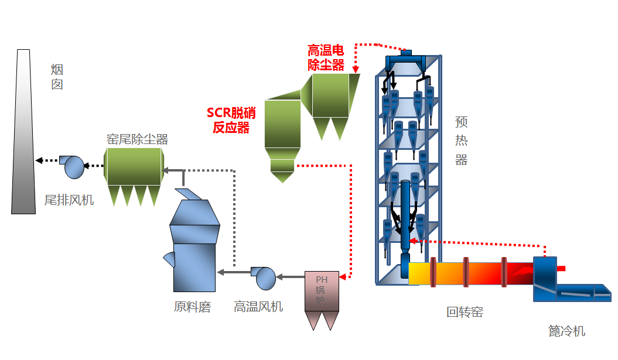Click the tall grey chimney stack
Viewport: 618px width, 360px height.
pos(22,135)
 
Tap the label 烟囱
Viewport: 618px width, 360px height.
pos(57,77)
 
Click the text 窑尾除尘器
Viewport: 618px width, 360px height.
pos(137,139)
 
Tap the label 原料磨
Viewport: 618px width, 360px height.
pos(192,307)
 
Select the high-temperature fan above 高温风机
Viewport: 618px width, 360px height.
pos(264,277)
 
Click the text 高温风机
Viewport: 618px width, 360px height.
pos(258,307)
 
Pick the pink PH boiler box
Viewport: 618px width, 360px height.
pos(322,291)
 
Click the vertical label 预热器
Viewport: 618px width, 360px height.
pos(462,141)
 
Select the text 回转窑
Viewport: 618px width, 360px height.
pos(465,312)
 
